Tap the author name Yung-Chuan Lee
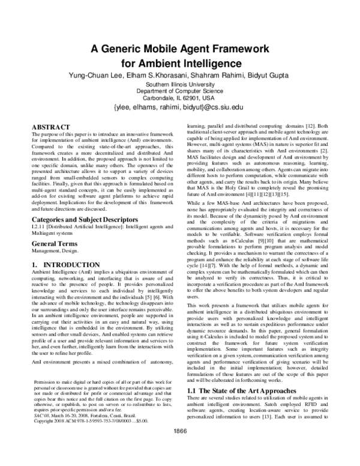click(95, 75)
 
